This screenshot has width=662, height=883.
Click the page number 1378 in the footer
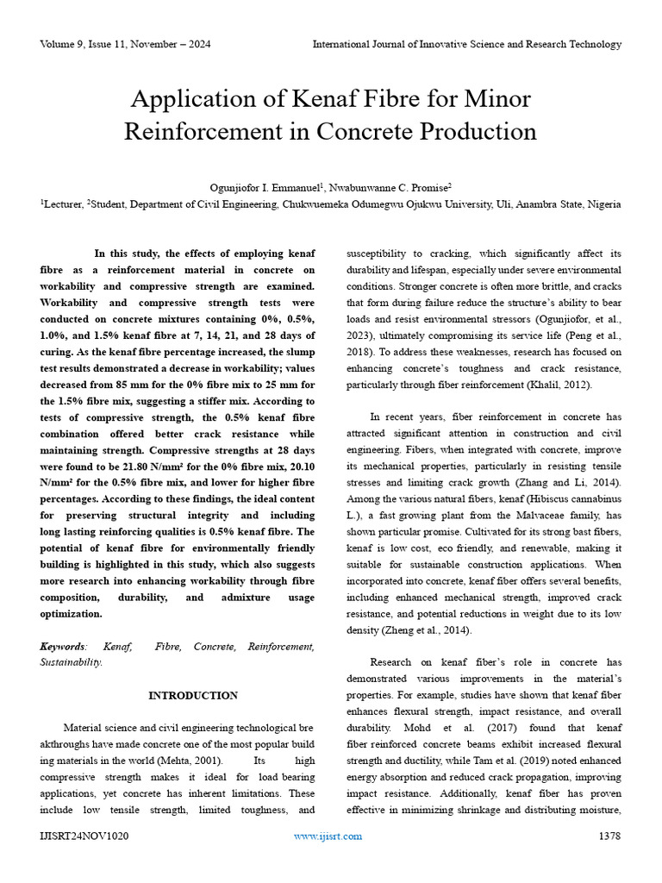click(x=609, y=836)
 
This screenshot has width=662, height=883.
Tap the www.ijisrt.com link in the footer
click(x=328, y=836)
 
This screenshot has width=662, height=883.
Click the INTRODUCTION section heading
click(x=193, y=695)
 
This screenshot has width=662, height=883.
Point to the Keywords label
click(x=64, y=646)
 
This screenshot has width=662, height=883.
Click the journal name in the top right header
click(x=466, y=44)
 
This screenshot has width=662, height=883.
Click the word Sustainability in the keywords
click(x=72, y=662)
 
